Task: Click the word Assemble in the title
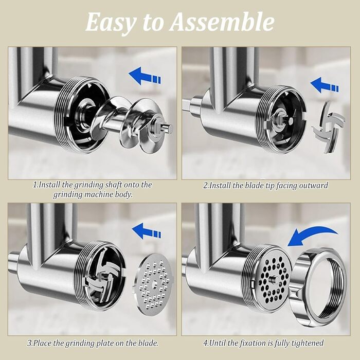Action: coord(222,22)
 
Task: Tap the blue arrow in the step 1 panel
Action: coord(145,76)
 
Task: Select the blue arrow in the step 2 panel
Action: coord(325,85)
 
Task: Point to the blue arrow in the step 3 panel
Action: coord(147,231)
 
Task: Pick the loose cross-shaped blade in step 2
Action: coord(329,128)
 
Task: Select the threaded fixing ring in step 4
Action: coord(319,287)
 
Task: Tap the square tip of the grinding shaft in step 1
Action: coord(168,128)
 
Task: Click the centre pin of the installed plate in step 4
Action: coord(273,279)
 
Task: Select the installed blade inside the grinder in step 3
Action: coord(102,277)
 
